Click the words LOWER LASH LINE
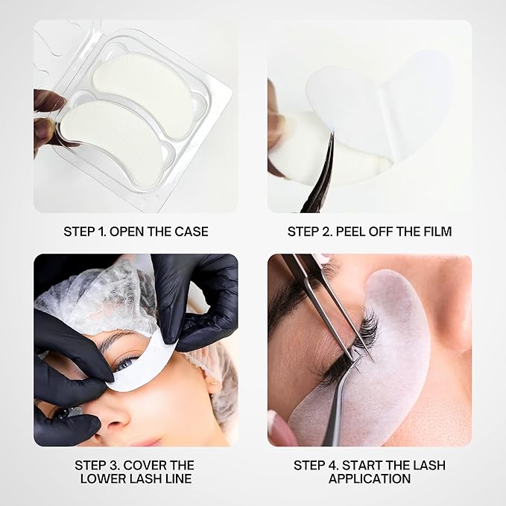pos(136,478)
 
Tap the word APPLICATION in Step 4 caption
pos(370,478)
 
